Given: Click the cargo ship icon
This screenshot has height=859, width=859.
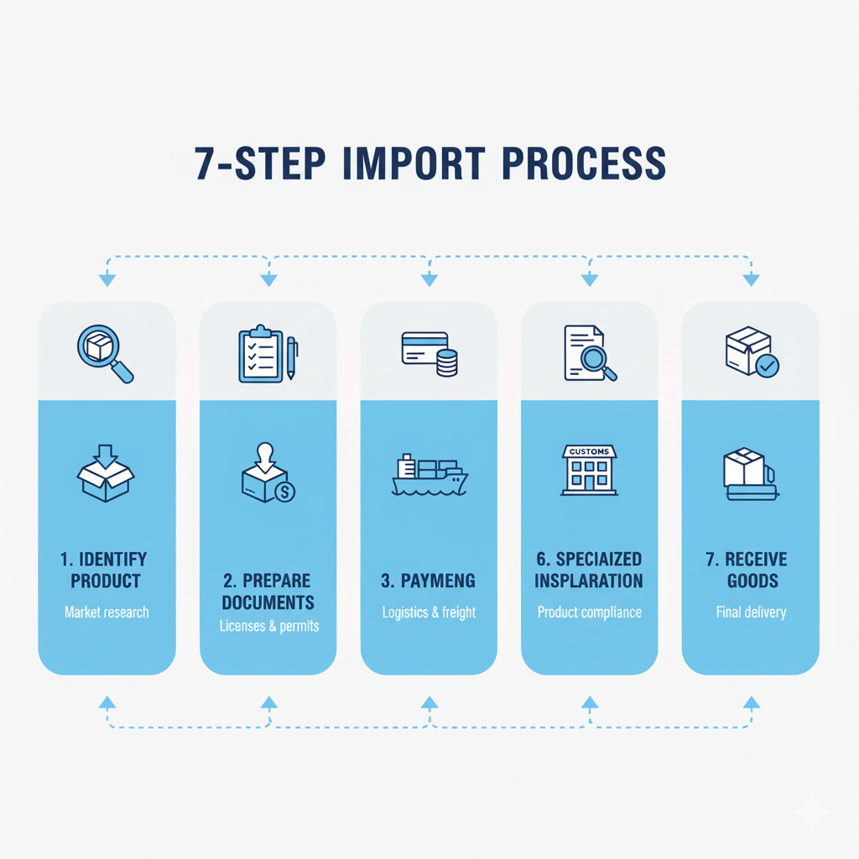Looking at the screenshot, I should coord(429,475).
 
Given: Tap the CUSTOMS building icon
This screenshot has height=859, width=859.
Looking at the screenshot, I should coord(590,470).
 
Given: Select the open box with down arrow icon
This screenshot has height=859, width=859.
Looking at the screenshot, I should coord(106,475).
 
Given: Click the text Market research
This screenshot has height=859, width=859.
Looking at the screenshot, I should coord(107,612).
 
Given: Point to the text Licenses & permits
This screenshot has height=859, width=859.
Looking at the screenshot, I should coord(269,626).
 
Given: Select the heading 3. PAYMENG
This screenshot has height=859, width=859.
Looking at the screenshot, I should coord(429,580).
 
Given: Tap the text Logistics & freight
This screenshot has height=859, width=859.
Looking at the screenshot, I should coord(429,612).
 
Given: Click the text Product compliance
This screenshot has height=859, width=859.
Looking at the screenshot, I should coord(590,612).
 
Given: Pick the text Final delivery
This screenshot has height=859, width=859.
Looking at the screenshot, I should coord(751,612).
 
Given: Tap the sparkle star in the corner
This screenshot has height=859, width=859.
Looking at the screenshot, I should coord(812,812).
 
